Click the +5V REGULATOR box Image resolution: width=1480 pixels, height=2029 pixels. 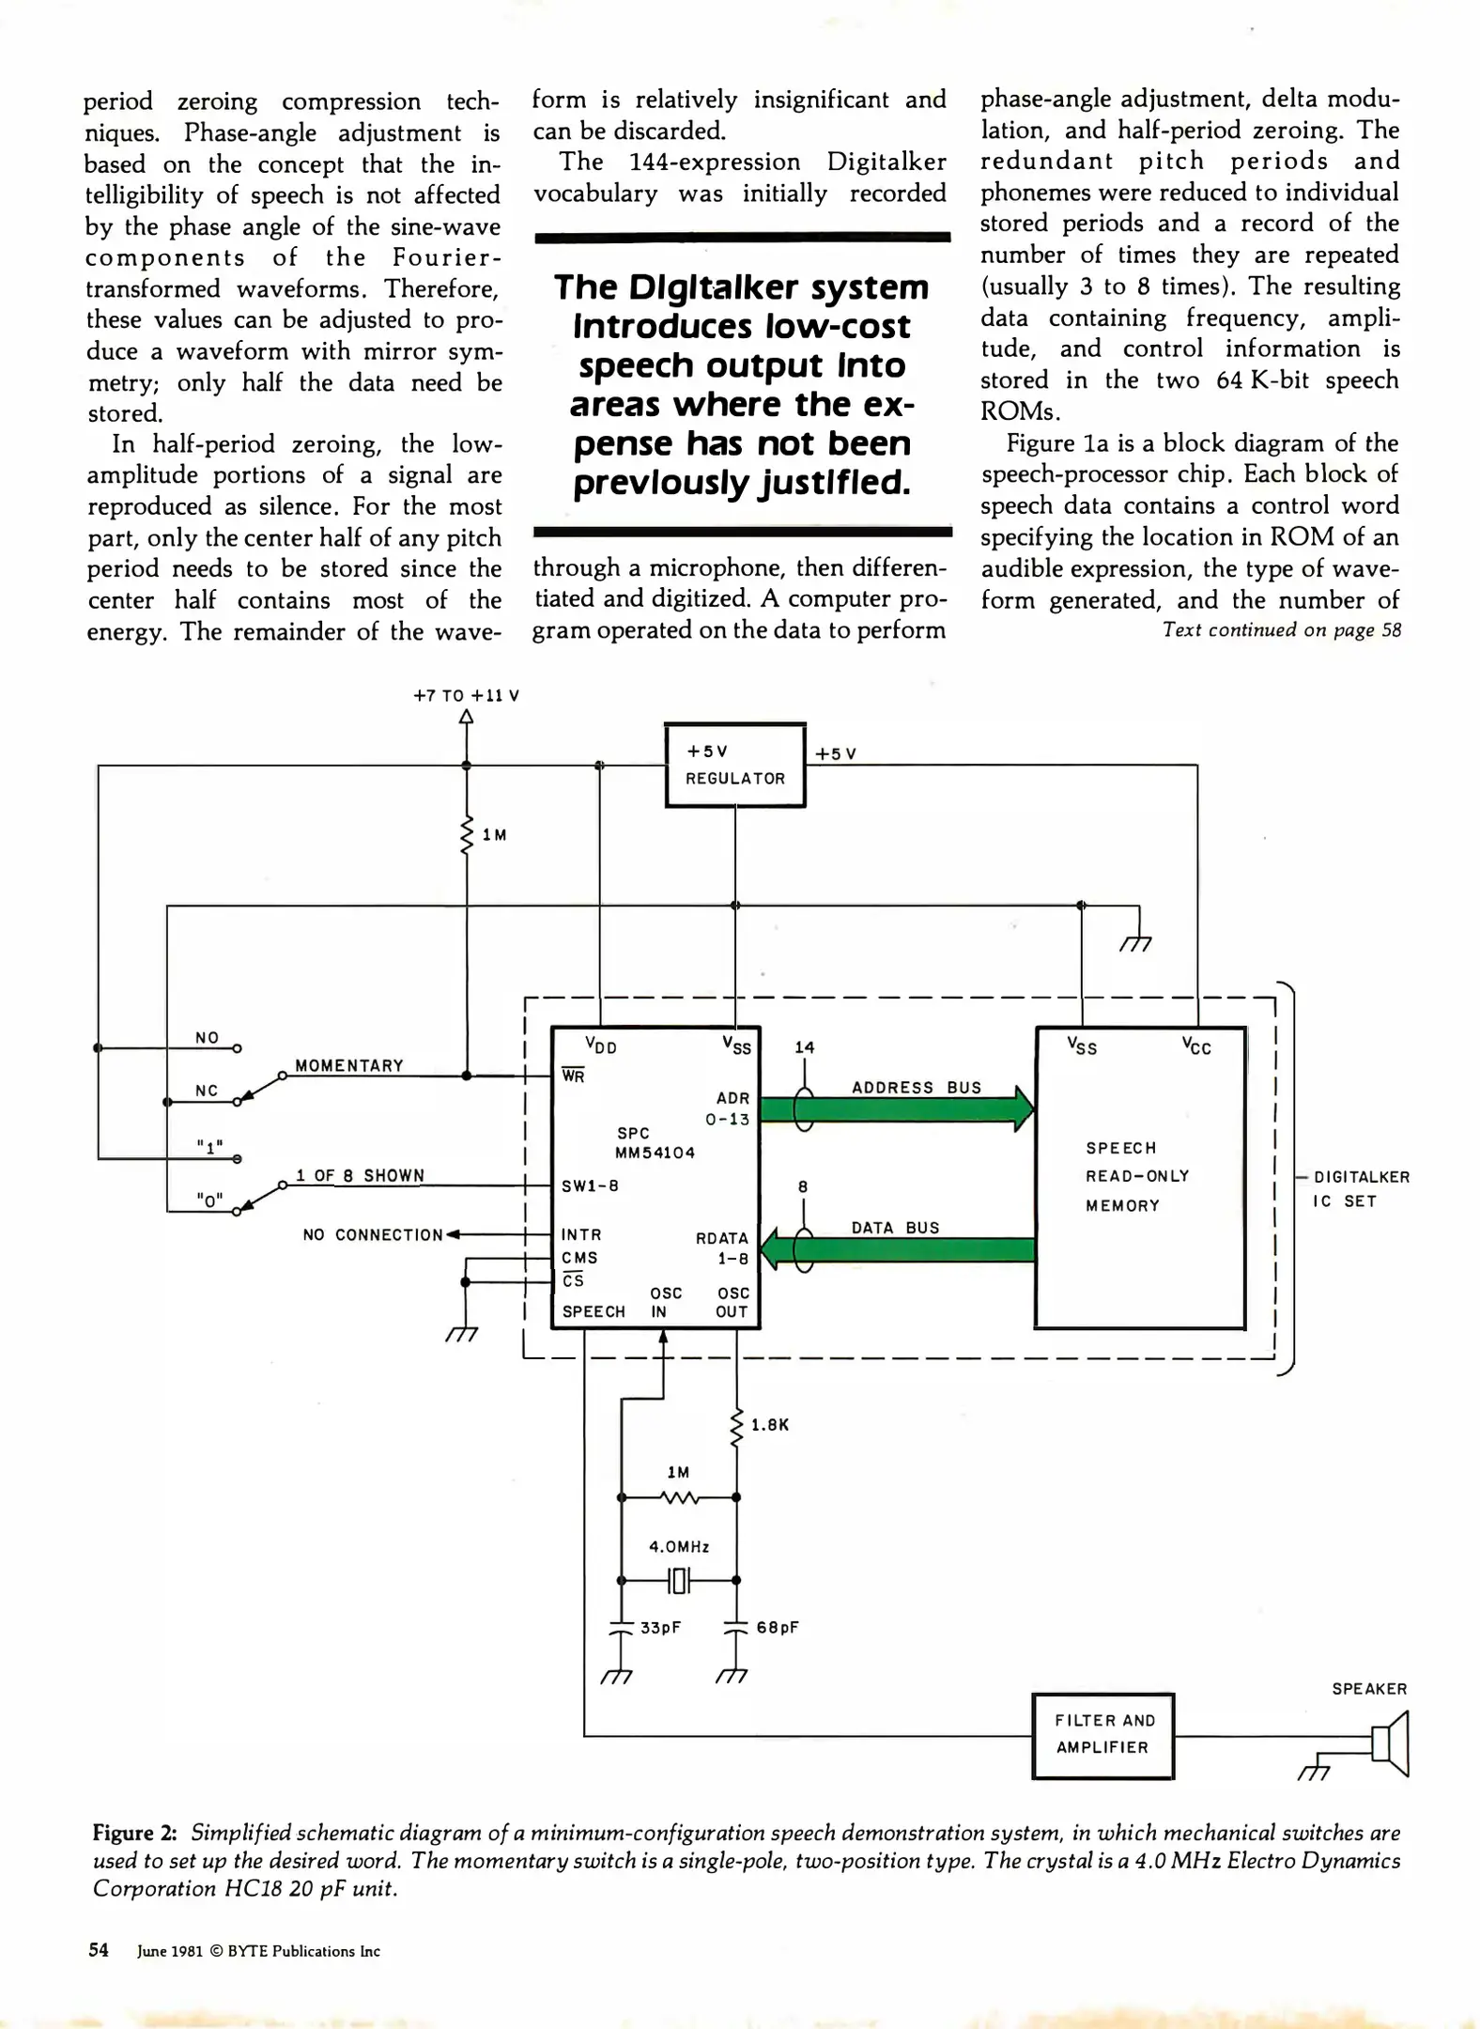tap(735, 765)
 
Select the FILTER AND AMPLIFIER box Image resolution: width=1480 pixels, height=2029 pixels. tap(1102, 1734)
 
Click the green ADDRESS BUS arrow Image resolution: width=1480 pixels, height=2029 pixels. tap(896, 1109)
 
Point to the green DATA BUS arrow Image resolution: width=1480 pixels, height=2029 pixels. tap(896, 1249)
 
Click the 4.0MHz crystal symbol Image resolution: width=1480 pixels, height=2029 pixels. tap(679, 1581)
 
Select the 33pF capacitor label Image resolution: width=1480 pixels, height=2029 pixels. tap(660, 1628)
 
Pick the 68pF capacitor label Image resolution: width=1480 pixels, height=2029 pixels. tap(777, 1628)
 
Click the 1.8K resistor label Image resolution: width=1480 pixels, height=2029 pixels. tap(770, 1425)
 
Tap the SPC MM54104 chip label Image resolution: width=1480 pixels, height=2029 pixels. tap(655, 1143)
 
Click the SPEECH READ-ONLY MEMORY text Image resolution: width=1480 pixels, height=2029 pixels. tap(1136, 1176)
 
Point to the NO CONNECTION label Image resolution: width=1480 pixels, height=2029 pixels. tap(372, 1235)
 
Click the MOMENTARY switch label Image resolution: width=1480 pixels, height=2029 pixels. tap(349, 1066)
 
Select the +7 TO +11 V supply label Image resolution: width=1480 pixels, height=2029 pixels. tap(466, 696)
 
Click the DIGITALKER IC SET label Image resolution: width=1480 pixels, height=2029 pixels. tap(1361, 1188)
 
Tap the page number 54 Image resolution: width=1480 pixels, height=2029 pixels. tap(99, 1950)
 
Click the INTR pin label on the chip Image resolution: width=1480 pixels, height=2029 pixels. tap(581, 1235)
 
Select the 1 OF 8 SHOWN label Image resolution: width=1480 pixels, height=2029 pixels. tap(361, 1176)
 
